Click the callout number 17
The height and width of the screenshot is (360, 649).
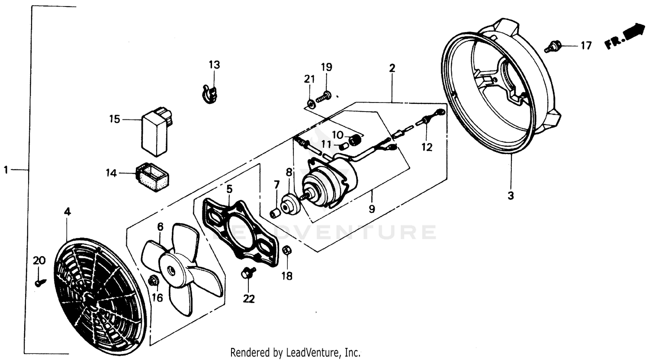[585, 45]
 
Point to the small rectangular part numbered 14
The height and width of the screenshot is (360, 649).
[153, 176]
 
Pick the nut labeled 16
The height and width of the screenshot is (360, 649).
[152, 281]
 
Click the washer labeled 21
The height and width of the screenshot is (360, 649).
[310, 103]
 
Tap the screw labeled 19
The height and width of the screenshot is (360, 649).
[323, 96]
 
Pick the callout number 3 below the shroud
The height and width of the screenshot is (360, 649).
[511, 196]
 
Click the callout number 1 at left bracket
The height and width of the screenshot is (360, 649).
[6, 170]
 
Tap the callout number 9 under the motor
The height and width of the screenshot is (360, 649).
[372, 209]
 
